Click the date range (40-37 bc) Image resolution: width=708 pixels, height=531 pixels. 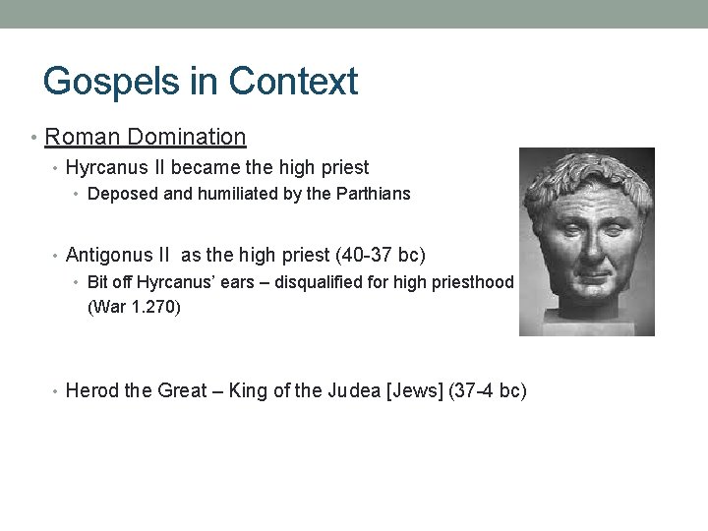pyautogui.click(x=381, y=256)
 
